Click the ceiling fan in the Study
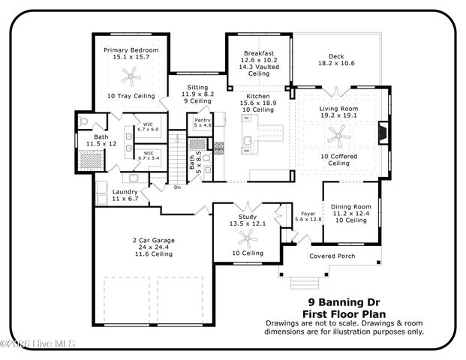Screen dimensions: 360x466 pos(246,238)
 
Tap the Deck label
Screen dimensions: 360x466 pos(335,55)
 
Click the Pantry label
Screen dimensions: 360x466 pos(202,120)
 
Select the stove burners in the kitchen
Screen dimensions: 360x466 pos(219,148)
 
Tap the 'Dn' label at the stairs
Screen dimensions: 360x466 pos(177,187)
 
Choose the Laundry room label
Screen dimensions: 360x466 pos(125,192)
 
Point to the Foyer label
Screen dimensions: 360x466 pos(308,213)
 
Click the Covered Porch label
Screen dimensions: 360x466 pos(332,256)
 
